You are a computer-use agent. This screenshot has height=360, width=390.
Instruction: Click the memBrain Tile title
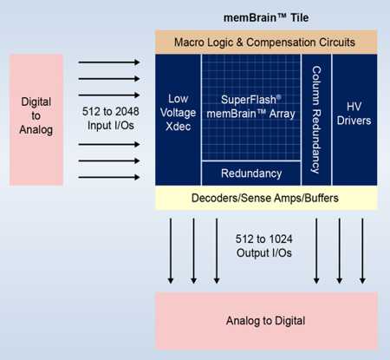click(266, 17)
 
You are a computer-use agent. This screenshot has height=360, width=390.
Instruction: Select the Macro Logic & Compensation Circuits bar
click(266, 42)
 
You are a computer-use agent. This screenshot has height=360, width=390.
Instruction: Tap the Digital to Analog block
click(36, 120)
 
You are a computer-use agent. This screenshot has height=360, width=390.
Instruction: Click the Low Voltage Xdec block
click(178, 120)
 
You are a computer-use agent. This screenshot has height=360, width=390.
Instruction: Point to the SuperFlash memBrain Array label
click(250, 107)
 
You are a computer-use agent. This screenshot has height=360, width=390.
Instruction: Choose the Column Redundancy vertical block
click(316, 120)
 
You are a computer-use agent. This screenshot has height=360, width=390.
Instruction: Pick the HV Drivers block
click(354, 120)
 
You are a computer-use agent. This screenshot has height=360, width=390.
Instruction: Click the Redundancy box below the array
click(251, 173)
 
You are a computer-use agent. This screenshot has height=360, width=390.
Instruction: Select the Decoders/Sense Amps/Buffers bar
click(266, 198)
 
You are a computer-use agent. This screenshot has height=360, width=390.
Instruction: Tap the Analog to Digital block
click(266, 321)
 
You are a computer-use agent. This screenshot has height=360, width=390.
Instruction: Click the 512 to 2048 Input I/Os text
click(111, 118)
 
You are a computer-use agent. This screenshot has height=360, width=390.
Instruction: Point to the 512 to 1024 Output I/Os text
click(263, 245)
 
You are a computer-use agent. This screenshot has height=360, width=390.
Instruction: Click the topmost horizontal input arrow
click(109, 62)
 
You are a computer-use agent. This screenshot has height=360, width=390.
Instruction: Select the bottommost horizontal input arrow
click(109, 177)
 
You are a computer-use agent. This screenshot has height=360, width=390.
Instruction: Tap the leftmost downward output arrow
click(171, 251)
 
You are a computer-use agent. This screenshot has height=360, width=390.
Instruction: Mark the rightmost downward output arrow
click(362, 251)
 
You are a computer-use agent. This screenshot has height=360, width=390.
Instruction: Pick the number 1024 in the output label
click(279, 239)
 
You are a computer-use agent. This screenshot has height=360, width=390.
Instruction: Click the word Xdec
click(178, 127)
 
